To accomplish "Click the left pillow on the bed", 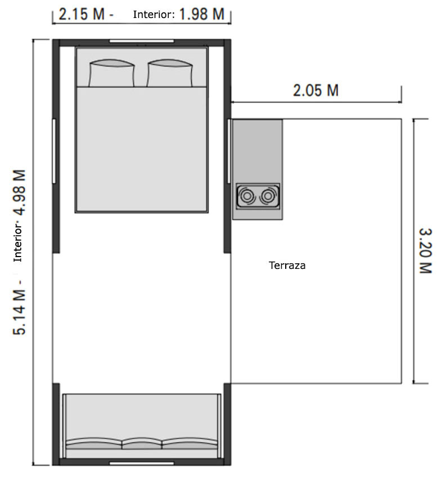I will (x=112, y=74).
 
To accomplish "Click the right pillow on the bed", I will (x=169, y=74).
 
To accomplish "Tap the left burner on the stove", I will (x=247, y=196).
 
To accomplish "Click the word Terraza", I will (x=287, y=266).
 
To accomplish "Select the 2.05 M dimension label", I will (x=316, y=90).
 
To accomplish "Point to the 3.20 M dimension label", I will (x=425, y=250).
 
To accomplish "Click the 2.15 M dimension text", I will (x=82, y=15).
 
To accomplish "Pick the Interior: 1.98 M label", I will (x=179, y=15).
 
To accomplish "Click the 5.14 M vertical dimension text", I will (x=21, y=307).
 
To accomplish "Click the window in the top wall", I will (x=141, y=41).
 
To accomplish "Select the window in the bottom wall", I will (x=141, y=463).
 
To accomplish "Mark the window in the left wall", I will (x=54, y=151).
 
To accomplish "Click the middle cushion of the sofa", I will (x=142, y=443).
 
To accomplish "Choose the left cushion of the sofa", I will (x=94, y=443).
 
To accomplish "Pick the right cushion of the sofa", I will (x=190, y=443).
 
